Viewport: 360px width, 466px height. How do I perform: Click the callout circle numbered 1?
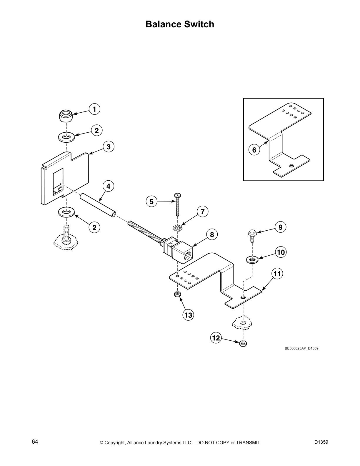(x=94, y=109)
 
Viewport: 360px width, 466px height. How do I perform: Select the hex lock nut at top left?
(x=67, y=116)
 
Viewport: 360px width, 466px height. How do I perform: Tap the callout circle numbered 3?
(x=109, y=147)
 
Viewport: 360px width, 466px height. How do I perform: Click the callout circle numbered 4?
(x=108, y=186)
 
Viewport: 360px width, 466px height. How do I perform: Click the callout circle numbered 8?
(x=212, y=234)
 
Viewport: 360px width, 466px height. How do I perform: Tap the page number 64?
(x=35, y=442)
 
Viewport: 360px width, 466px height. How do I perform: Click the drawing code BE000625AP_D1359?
(x=301, y=348)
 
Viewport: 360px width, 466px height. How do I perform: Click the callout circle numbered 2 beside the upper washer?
(x=96, y=130)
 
